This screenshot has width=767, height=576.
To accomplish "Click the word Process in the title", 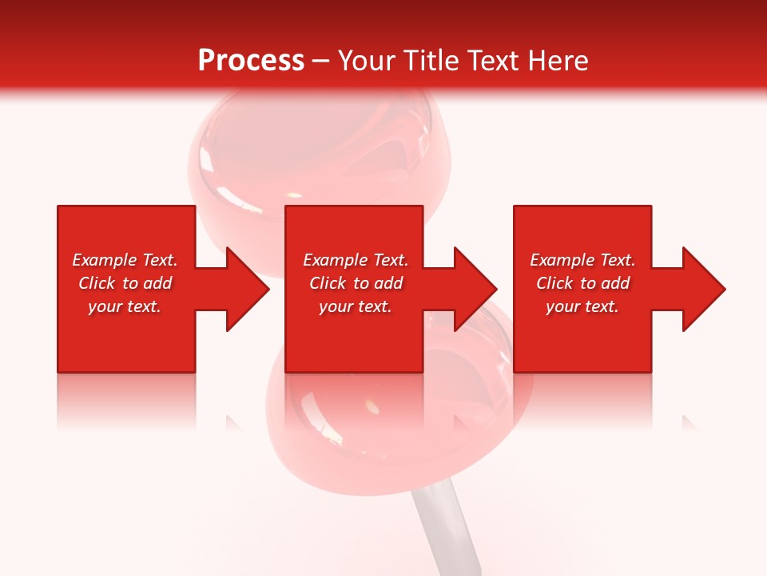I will pos(251,61).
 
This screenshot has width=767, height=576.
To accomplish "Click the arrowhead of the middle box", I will pos(475,289).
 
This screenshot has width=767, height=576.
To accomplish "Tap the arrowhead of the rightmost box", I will pos(702,289).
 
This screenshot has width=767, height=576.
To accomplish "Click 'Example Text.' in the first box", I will pos(125,260).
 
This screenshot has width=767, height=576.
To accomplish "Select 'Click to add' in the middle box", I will pos(356,283).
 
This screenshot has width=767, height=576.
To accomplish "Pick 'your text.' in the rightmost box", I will pos(582,306).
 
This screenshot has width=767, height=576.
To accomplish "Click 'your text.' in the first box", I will pos(125,306).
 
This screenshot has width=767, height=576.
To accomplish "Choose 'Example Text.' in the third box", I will pos(582,260).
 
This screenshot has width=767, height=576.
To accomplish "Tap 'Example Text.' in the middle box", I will pos(356,260).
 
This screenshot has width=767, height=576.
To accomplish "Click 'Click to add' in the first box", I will pos(125,283).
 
